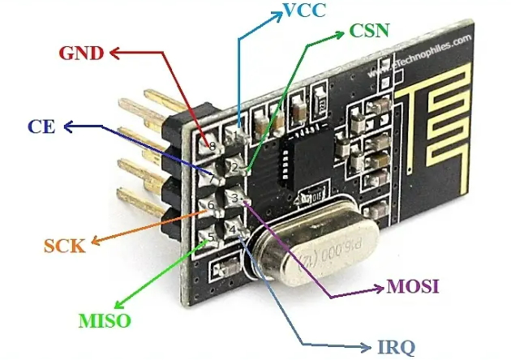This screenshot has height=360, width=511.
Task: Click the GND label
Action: pyautogui.click(x=82, y=54)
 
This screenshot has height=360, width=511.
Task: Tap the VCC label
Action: pyautogui.click(x=304, y=11)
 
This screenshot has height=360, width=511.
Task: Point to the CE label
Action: pyautogui.click(x=41, y=126)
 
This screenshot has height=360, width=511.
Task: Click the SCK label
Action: pyautogui.click(x=64, y=245)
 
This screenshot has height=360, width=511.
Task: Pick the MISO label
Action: pyautogui.click(x=105, y=319)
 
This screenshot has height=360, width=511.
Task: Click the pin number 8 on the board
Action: pyautogui.click(x=212, y=147)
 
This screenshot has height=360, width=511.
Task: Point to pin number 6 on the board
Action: pyautogui.click(x=211, y=205)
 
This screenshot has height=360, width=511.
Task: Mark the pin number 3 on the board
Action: pyautogui.click(x=234, y=197)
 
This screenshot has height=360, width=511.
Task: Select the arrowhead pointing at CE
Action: pyautogui.click(x=68, y=126)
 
